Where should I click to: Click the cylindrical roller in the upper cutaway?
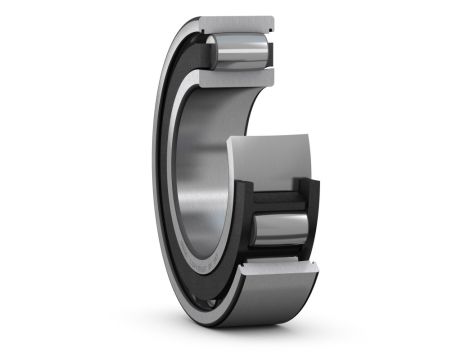click(240, 50)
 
